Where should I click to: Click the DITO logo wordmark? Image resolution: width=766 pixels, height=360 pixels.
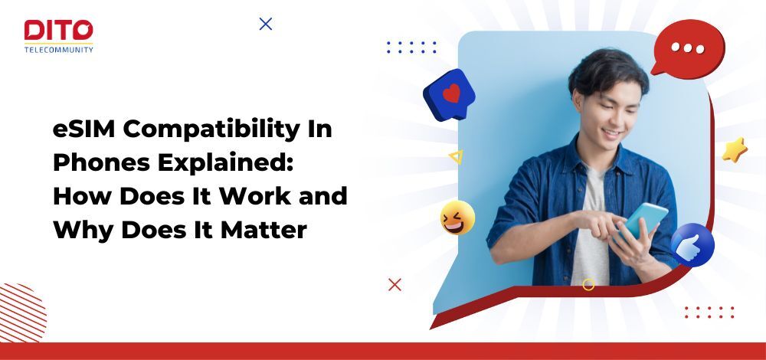click(58, 30)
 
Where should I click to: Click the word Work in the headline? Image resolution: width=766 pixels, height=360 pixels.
click(257, 195)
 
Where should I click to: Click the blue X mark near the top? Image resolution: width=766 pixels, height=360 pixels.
click(266, 24)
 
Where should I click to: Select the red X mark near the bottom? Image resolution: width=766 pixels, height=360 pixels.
click(394, 285)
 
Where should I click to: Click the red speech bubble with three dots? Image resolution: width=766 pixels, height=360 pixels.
click(687, 47)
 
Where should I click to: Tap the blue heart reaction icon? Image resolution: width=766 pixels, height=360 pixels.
click(450, 95)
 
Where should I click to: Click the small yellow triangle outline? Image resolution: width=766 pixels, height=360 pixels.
click(456, 157)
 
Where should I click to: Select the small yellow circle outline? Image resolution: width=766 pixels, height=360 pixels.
click(588, 285)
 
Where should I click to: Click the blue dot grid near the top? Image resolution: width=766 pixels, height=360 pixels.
click(411, 47)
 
